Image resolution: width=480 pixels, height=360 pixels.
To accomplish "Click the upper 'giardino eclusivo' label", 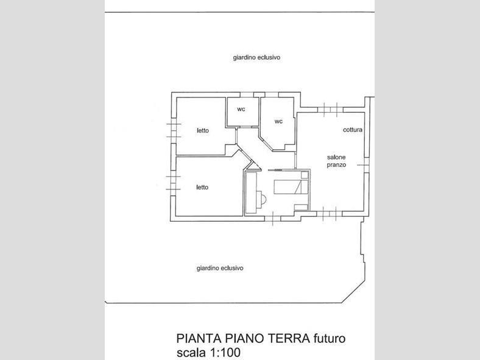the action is [256, 57].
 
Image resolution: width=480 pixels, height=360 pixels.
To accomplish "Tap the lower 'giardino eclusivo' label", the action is [220, 269].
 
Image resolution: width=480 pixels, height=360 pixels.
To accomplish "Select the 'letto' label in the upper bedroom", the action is [203, 131].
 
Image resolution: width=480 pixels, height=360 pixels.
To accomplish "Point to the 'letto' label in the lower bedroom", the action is [202, 188].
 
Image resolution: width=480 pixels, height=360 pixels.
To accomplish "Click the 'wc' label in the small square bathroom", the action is [241, 109].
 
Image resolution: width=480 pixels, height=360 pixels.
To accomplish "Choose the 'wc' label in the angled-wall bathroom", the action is [278, 122].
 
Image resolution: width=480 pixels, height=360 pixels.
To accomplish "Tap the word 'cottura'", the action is [353, 130].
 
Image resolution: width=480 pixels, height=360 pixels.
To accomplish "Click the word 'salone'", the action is [336, 157].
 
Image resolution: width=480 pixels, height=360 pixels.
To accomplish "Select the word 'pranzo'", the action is [336, 165].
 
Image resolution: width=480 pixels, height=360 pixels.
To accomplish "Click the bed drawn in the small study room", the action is [291, 187].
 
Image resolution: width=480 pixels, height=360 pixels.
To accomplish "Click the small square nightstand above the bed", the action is [305, 175].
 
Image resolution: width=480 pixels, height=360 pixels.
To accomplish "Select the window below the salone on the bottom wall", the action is [330, 213].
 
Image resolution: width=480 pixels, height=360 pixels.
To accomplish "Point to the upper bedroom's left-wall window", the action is [174, 130].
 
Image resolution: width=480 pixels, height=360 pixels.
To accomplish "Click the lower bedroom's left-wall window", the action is [173, 183].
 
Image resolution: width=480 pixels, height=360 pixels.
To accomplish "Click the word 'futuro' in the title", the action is [330, 339].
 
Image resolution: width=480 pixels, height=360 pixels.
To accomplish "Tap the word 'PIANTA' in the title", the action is [199, 339].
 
